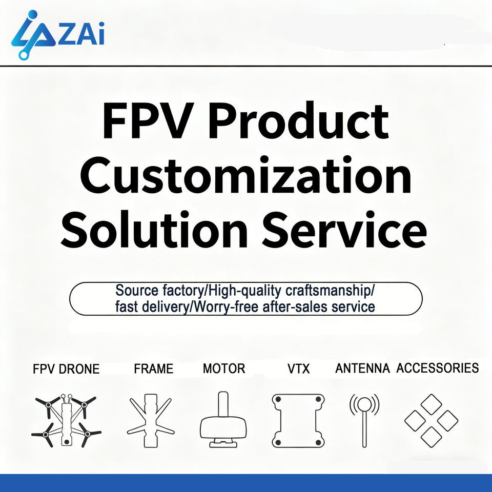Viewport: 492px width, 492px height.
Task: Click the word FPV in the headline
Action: point(147,120)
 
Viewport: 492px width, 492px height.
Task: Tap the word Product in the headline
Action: point(299,120)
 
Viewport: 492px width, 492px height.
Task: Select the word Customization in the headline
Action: point(245,175)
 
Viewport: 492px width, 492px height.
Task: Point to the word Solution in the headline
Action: point(154,229)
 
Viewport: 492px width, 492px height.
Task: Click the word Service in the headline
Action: point(344,229)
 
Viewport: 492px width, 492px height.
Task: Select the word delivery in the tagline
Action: point(166,306)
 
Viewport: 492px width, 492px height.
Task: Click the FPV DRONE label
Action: point(66,369)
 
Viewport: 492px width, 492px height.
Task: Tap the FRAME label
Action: point(153,368)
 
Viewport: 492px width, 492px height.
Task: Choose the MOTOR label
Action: point(224,368)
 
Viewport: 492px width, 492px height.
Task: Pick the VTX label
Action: point(298,368)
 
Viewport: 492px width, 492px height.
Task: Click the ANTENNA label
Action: point(362,368)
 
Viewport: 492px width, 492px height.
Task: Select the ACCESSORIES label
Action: point(437,368)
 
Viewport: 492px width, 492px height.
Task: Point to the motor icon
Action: point(223,419)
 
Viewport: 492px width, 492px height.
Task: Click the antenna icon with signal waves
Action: point(364,420)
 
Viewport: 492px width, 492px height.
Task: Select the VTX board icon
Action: point(298,421)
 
